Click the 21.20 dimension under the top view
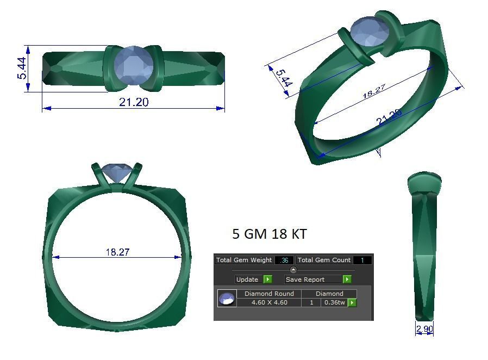134,102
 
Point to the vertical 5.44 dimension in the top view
22,69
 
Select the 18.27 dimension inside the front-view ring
117,252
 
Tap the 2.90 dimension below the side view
424,329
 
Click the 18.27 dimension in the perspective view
374,91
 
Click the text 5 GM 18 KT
269,234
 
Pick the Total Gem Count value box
362,260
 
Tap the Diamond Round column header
269,294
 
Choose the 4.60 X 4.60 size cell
269,302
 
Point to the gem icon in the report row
227,299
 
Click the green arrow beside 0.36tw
352,302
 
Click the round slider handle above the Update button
293,270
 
